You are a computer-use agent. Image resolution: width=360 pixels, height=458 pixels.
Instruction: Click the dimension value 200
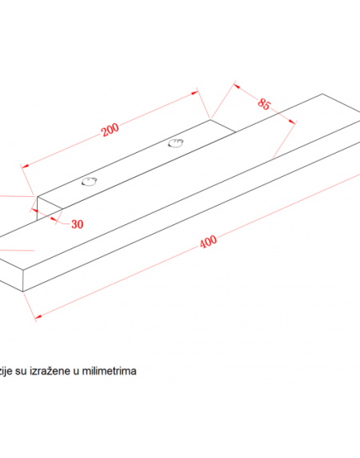110,130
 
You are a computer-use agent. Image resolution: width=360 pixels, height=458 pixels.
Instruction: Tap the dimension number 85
264,104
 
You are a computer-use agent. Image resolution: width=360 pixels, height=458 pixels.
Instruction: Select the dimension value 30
78,224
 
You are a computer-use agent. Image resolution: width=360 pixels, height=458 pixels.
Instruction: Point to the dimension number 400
208,242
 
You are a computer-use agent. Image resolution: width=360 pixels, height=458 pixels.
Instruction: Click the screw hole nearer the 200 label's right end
176,143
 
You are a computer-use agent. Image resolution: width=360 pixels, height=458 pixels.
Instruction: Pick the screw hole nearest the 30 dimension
89,182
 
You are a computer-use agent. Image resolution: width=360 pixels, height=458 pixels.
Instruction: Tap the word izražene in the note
50,372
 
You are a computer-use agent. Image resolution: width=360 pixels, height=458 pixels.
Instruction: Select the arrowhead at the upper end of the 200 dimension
194,93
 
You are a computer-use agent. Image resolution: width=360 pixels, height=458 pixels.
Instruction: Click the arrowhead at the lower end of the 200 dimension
25,167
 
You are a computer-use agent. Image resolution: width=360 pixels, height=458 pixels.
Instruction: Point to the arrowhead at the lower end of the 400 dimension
38,316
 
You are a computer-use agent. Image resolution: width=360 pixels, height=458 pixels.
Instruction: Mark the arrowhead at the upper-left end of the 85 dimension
237,86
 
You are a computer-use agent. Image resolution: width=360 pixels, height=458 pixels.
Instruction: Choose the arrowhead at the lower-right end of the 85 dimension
292,121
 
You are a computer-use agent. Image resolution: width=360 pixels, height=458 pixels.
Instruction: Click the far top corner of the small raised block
210,119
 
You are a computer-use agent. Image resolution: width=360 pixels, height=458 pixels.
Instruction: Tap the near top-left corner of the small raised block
37,197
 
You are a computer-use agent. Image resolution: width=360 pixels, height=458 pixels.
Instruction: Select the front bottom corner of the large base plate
23,291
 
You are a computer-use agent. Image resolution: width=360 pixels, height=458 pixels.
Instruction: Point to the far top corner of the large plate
322,94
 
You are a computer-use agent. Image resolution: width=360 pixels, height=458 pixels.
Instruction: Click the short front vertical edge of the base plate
23,280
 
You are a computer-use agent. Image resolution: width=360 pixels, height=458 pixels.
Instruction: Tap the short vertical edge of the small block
37,208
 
